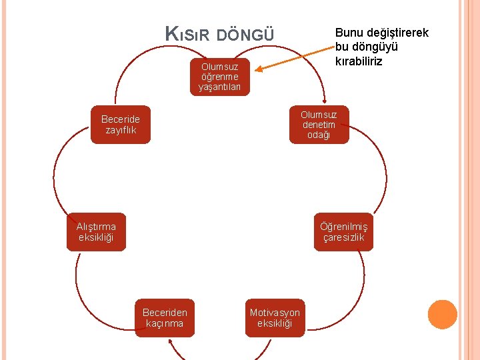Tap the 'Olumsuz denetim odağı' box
[x=319, y=125]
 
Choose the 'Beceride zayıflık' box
[x=121, y=125]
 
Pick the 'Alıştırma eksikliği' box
[x=96, y=231]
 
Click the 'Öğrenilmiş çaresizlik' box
[x=343, y=231]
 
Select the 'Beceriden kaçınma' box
[x=165, y=317]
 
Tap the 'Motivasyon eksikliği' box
[x=275, y=317]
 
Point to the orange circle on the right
[x=442, y=314]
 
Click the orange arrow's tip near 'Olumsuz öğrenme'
[x=259, y=69]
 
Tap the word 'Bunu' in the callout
[x=347, y=33]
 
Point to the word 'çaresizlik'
[x=343, y=237]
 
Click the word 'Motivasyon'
[x=275, y=312]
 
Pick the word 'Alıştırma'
[x=96, y=226]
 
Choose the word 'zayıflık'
[x=121, y=130]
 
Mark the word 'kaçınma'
[x=165, y=323]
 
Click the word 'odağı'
[x=319, y=135]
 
